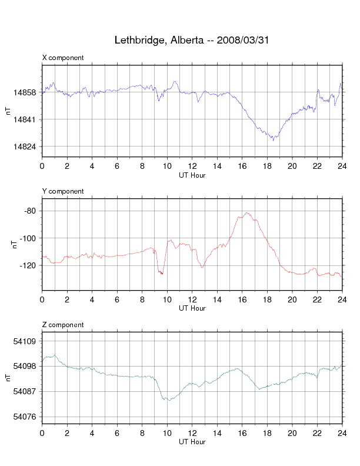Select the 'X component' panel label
point(63,58)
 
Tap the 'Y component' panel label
point(63,191)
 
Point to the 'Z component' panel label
point(63,325)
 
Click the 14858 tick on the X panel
point(27,92)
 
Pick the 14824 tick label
point(27,147)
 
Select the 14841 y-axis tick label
point(27,119)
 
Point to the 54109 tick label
point(27,341)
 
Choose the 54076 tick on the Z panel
point(27,417)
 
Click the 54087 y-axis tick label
point(27,391)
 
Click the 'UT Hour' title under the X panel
point(192,175)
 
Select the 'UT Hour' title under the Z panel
point(192,442)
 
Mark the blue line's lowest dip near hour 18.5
point(273,140)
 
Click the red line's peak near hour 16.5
point(248,213)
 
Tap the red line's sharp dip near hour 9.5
point(161,274)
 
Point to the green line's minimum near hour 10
point(168,400)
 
